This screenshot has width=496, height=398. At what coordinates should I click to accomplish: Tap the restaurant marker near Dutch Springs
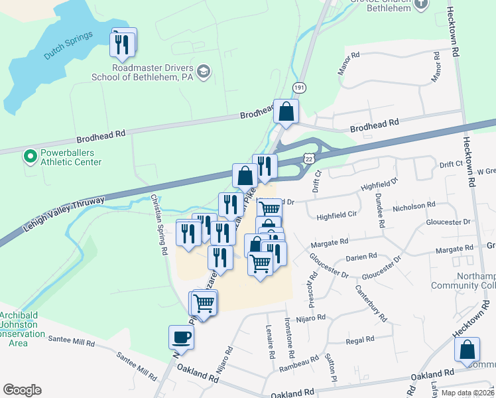tap(123, 44)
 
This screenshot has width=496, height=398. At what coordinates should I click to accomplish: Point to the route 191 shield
tap(300, 88)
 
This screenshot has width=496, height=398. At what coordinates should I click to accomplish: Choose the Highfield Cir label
tap(337, 216)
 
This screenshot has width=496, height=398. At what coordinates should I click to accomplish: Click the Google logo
tap(22, 390)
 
